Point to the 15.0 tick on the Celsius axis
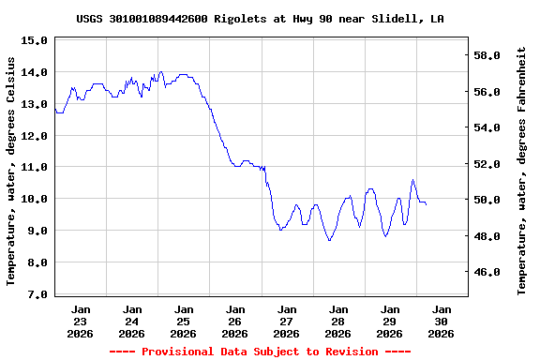34,40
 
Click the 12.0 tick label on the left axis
34,136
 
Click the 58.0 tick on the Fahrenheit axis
490,55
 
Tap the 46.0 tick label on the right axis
490,272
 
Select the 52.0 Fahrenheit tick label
490,164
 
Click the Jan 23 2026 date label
81,320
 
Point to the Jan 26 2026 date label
235,320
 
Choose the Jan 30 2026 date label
442,320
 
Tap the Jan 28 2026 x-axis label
338,320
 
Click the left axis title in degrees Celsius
11,171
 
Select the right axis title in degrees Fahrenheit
522,173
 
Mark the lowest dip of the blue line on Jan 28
329,241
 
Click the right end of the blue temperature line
427,203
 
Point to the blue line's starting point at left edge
55,110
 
